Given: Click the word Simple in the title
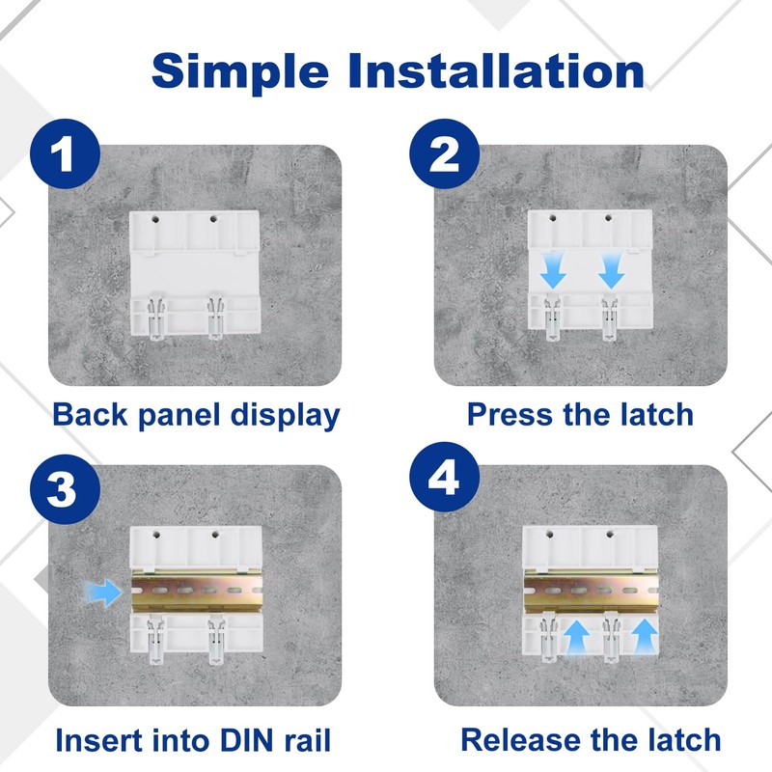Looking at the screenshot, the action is (240, 72).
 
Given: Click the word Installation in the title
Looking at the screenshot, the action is (496, 70).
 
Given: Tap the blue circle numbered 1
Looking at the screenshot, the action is (65, 153).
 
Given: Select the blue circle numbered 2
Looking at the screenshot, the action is (445, 153).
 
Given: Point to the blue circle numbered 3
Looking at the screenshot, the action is (65, 489).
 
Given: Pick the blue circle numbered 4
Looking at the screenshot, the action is (445, 477).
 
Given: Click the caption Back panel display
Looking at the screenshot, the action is (196, 415).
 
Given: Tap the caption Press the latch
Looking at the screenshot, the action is (580, 414).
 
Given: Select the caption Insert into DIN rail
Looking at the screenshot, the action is (193, 740).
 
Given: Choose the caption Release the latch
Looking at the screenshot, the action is (591, 739).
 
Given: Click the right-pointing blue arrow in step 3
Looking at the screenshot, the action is (102, 592).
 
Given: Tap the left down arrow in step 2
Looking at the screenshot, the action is (553, 270).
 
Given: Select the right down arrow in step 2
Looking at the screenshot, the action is (612, 270).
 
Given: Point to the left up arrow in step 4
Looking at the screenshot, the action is (576, 637).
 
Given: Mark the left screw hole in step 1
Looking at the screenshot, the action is (155, 219).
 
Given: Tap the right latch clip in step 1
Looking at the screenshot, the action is (215, 316).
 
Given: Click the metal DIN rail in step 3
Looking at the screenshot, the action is (197, 591).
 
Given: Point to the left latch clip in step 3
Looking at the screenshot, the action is (156, 640).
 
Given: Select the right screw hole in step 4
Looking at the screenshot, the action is (610, 534).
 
